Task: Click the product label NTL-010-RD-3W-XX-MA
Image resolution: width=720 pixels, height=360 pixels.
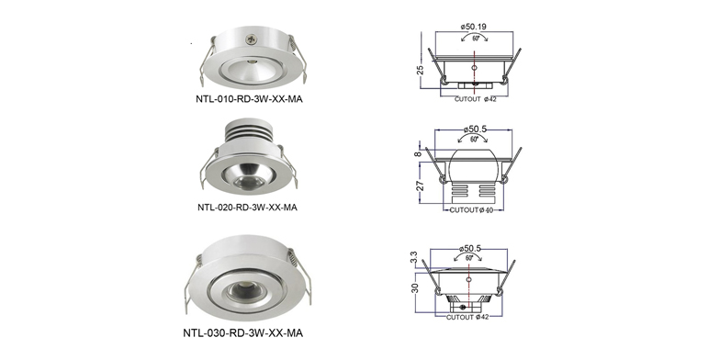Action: [249, 99]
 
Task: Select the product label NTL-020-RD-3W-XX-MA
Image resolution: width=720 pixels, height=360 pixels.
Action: [247, 208]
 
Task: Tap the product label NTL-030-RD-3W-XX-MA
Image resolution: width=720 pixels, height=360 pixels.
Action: [242, 332]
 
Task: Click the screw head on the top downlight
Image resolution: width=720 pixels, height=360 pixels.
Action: [251, 40]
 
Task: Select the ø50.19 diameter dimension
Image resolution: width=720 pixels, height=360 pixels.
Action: [474, 27]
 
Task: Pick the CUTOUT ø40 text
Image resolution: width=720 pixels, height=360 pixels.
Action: [471, 210]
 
